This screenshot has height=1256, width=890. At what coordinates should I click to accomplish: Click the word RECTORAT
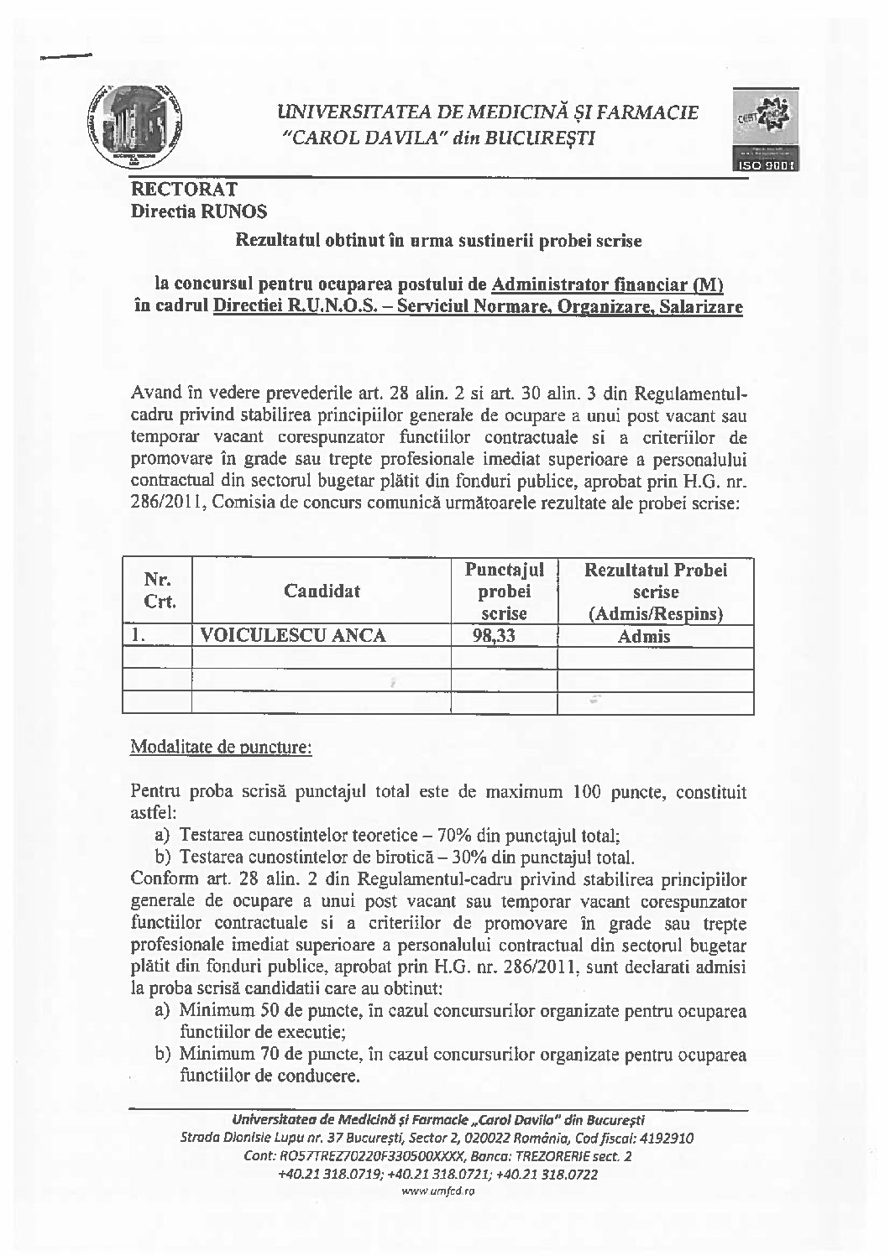coord(185,189)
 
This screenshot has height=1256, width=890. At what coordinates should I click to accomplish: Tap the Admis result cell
coord(644,636)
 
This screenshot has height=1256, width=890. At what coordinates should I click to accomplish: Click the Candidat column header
coord(322,591)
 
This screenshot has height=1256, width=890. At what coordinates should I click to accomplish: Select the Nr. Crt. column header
coord(159,591)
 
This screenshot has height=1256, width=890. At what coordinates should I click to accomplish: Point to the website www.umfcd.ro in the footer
coord(438,1191)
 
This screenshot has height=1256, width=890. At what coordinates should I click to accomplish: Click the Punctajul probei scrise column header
coord(504,592)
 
